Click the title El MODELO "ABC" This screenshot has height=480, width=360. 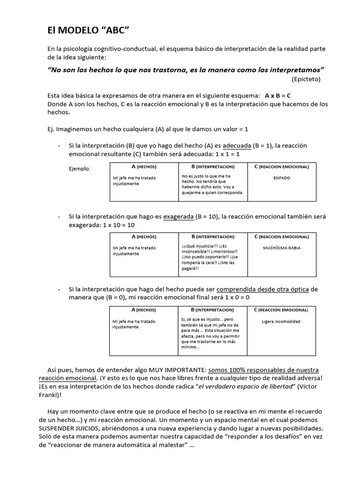88,30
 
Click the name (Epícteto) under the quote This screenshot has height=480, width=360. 306,79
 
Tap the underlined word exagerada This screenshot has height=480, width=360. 178,217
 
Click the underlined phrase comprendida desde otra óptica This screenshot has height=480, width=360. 262,289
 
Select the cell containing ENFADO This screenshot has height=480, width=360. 282,178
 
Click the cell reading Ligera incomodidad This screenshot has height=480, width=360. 281,322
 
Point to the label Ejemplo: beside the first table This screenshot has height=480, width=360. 80,168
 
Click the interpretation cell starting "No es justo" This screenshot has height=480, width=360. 212,185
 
